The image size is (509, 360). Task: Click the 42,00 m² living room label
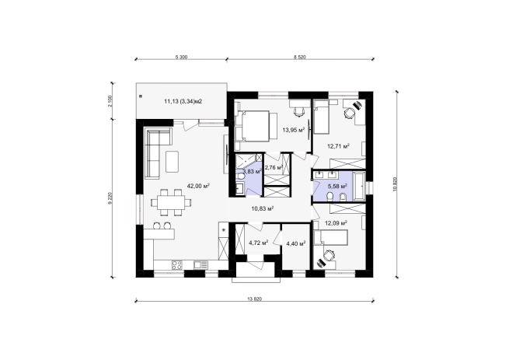pos(198,186)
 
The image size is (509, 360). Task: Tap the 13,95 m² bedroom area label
pos(294,131)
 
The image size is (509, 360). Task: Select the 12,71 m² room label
pos(338,146)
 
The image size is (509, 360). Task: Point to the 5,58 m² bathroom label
pos(337,186)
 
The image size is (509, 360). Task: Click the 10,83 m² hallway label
pos(263,208)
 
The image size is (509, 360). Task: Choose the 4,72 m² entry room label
pos(259,243)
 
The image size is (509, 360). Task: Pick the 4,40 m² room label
pos(296,243)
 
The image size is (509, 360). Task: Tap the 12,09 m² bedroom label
pos(336,223)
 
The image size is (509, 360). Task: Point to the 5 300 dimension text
pos(182,58)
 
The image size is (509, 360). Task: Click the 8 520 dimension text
pos(300,58)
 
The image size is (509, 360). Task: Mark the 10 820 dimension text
pos(395,184)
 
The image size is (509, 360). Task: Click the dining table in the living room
pos(171,202)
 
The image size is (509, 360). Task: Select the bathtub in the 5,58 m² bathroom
pos(359,186)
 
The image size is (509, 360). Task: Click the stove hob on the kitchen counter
pos(177,265)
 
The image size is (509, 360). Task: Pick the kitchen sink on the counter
pos(200,265)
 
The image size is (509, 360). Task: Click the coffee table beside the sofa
pos(172,162)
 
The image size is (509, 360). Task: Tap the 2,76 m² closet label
pos(274,168)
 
